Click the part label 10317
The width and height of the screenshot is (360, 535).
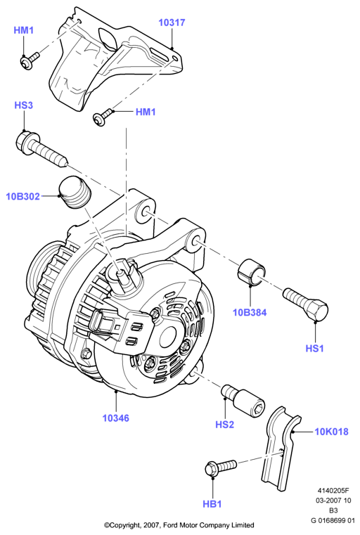click(x=172, y=23)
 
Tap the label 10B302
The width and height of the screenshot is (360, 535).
click(x=23, y=197)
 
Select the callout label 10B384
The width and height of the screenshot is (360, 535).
click(x=250, y=312)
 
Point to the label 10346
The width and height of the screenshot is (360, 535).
click(x=116, y=418)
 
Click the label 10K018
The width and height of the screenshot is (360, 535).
click(x=331, y=432)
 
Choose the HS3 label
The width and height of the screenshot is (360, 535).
click(x=23, y=105)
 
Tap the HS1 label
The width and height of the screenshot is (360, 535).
click(x=314, y=349)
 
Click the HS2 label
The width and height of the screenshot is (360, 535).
click(x=224, y=425)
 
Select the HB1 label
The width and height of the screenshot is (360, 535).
click(x=212, y=504)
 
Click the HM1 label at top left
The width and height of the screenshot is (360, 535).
click(x=23, y=30)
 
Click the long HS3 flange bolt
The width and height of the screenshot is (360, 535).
click(x=42, y=149)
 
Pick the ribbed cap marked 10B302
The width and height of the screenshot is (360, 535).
click(x=74, y=193)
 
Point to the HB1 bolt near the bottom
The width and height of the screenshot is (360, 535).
click(x=221, y=468)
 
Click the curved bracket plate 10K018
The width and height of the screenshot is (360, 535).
click(x=281, y=449)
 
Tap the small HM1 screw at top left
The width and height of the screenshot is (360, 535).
click(x=30, y=60)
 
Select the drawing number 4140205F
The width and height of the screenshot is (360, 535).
click(x=333, y=490)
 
